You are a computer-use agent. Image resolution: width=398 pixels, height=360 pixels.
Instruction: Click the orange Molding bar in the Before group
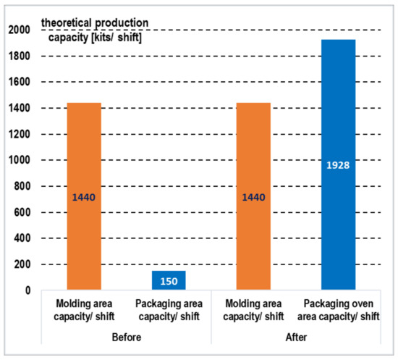[x=83, y=196]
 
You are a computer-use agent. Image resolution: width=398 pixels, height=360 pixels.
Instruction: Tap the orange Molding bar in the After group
[x=253, y=196]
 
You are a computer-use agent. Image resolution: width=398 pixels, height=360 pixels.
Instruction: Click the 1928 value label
[x=338, y=165]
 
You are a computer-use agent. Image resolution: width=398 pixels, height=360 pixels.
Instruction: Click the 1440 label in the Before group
[x=83, y=196]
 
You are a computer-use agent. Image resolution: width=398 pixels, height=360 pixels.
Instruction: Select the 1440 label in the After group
[x=253, y=196]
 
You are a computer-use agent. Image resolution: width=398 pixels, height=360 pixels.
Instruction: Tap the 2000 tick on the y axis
[x=18, y=30]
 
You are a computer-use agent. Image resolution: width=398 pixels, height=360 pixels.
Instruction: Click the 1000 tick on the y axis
[x=18, y=160]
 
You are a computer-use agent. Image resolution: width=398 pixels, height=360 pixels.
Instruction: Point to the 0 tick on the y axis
[x=26, y=290]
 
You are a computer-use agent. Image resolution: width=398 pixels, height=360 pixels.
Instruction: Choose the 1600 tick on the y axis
[x=18, y=82]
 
